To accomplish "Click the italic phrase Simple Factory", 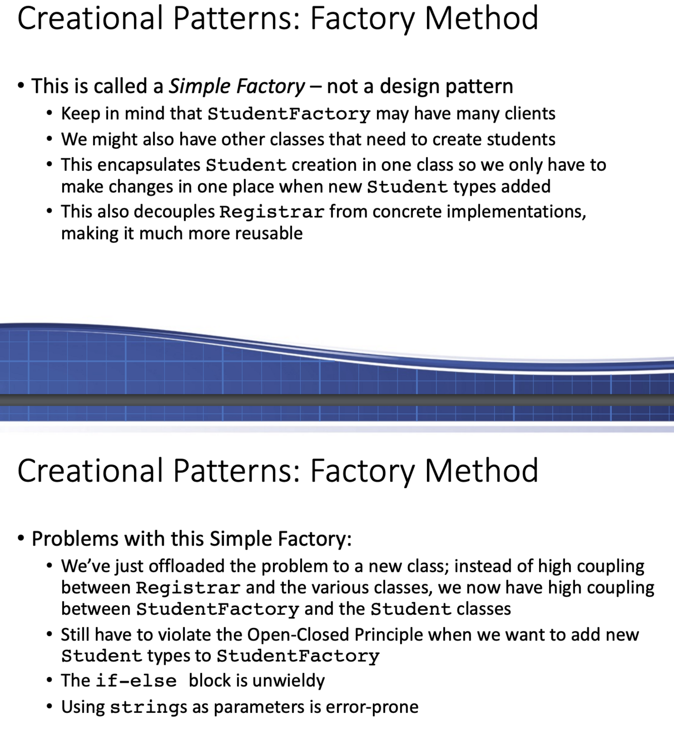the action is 237,86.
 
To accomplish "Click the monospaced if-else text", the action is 136,681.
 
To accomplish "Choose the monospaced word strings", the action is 149,707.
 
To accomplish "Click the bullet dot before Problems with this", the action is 21,538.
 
